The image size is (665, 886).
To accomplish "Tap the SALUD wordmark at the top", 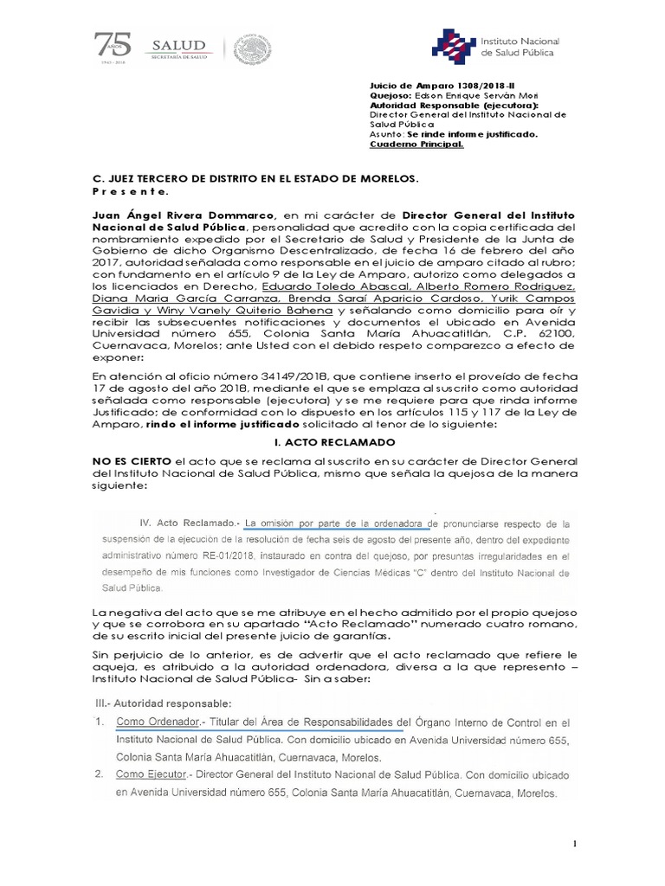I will click(179, 46).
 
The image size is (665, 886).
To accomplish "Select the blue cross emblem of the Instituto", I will click(449, 47).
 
